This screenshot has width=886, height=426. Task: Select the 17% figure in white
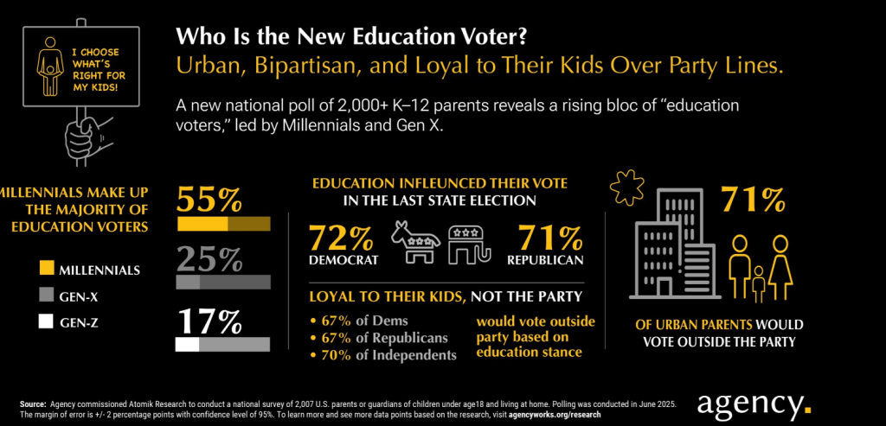(x=209, y=321)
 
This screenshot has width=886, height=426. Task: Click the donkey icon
(x=415, y=242)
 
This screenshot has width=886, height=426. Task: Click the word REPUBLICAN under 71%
(x=544, y=259)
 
